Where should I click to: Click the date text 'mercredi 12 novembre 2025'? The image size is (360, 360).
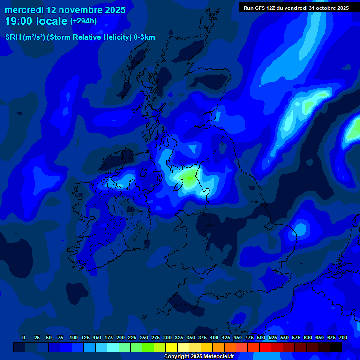pos(65,10)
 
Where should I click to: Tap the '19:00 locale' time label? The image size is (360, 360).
pos(36,21)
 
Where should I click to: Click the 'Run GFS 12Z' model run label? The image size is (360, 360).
pos(259,7)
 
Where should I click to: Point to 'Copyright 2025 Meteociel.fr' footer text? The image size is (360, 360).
pos(199,356)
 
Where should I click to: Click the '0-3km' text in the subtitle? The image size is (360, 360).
pos(145,37)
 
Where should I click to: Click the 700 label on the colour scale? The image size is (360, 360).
pos(343,337)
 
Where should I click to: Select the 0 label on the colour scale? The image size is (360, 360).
pos(24,337)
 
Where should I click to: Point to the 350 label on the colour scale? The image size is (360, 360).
pos(191,337)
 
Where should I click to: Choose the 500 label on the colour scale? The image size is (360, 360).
pos(261,337)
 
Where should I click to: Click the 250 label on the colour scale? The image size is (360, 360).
pos(144,337)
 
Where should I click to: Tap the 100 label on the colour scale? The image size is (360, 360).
pos(74,337)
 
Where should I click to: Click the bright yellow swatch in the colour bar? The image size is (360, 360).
pos(172,347)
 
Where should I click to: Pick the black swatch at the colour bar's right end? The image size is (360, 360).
pos(336,347)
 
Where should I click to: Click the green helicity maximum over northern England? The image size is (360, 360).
pos(189,178)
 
